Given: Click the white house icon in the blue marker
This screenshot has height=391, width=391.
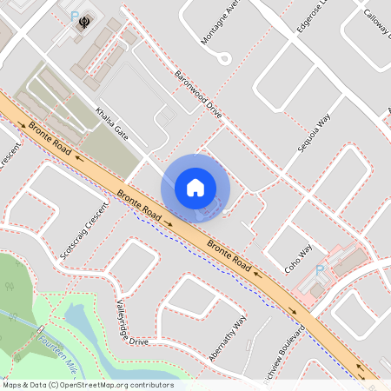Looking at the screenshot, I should click(x=195, y=187).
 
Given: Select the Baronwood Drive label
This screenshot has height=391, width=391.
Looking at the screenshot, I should click(x=198, y=95).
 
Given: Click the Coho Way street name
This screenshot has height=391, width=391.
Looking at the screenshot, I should click(x=298, y=258).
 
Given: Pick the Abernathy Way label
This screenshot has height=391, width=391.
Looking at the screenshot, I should click(x=229, y=334).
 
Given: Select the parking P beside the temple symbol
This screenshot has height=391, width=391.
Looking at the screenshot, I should click(x=73, y=16).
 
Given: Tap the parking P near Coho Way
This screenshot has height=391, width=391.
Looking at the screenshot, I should click(x=319, y=271).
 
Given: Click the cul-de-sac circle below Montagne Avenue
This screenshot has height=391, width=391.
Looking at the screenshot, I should click(x=225, y=60).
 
